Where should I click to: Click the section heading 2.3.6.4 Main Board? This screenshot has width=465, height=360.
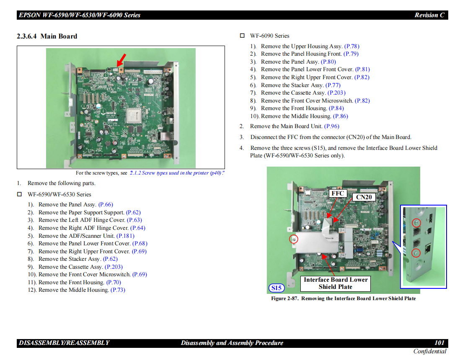[x=47, y=36]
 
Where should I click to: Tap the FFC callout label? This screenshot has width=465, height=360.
[x=338, y=193]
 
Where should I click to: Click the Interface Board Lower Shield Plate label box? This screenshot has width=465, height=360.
[x=336, y=283]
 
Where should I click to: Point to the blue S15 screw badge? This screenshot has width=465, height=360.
[x=276, y=288]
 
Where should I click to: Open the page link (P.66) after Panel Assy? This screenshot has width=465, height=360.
[x=106, y=205]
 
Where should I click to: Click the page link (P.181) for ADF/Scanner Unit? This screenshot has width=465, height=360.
[x=125, y=236]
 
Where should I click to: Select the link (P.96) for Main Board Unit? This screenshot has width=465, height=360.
[x=332, y=126]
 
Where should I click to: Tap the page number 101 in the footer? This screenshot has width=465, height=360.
[x=439, y=343]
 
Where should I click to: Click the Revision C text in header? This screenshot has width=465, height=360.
[x=429, y=15]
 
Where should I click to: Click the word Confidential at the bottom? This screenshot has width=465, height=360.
[x=430, y=351]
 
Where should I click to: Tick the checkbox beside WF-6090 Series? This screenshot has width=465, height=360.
[x=242, y=36]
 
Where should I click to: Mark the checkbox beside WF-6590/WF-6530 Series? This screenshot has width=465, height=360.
[x=19, y=195]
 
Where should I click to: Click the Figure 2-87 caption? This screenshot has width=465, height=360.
[x=343, y=298]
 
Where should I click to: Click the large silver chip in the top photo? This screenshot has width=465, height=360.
[x=135, y=113]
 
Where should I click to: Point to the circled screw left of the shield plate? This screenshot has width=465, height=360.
[x=294, y=239]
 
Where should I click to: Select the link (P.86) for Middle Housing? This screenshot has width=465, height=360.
[x=341, y=116]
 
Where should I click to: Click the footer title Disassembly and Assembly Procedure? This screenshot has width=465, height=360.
[x=232, y=343]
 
